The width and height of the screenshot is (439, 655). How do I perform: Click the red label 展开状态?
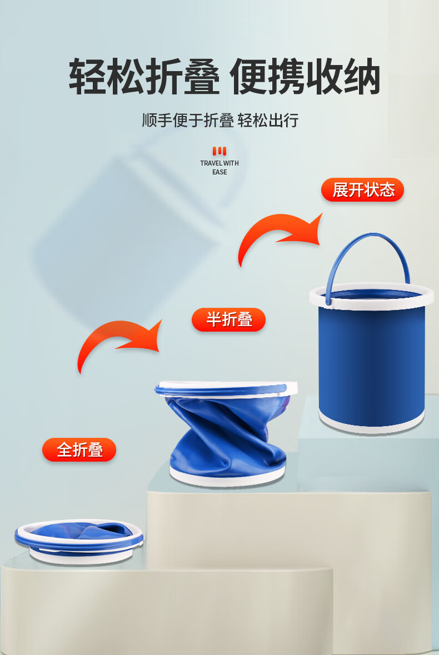coord(362,189)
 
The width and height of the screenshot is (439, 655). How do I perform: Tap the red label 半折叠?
coord(228,319)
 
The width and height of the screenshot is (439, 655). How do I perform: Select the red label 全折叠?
coord(79,449)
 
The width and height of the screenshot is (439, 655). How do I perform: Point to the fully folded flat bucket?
coord(79,541)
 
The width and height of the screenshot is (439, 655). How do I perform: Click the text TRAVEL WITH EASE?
coord(219,168)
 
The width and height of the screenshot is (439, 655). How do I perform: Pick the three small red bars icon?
coord(219,151)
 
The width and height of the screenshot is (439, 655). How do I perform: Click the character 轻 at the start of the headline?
coord(87,77)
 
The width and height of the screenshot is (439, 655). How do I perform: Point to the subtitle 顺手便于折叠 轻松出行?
coord(220,121)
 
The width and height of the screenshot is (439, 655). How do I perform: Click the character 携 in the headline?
coord(286,77)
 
